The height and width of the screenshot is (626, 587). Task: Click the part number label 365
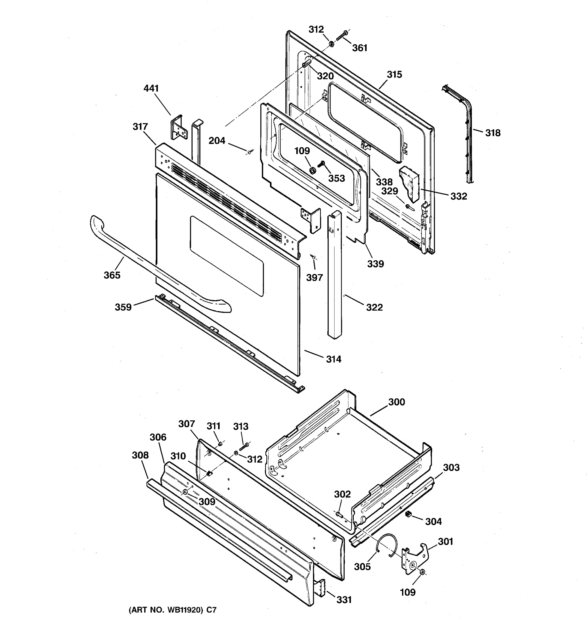coord(112,275)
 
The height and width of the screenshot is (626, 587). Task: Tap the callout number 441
coord(151,89)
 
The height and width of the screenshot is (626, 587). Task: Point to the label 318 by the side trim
coord(493,133)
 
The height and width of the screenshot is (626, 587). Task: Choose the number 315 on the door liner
coord(394,75)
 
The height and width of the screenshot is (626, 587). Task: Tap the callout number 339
coord(375,264)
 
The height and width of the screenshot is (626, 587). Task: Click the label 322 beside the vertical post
coord(374,307)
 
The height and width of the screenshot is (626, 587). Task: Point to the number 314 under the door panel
coord(333,359)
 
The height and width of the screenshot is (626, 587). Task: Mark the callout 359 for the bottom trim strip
coord(123,307)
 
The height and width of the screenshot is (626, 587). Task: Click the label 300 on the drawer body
coord(397,402)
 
